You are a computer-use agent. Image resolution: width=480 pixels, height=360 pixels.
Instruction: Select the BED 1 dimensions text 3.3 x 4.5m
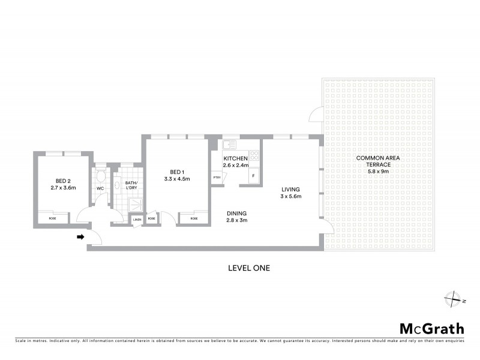[x=176, y=178]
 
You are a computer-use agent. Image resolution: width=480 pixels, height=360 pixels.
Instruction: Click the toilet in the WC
[x=101, y=176]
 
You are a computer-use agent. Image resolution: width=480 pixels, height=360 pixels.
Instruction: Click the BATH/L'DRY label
[x=131, y=185]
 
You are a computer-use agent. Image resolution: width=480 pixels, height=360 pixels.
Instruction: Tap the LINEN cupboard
[x=137, y=220]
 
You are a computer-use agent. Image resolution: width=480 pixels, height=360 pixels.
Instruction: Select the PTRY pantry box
[x=215, y=178]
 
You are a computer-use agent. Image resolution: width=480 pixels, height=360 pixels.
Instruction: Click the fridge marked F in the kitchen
[x=254, y=176]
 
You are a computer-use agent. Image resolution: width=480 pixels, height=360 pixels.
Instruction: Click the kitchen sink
[x=229, y=145]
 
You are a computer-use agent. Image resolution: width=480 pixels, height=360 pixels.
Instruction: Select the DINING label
[x=236, y=213]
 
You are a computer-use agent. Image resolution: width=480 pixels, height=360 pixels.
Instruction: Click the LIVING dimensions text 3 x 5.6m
[x=291, y=196]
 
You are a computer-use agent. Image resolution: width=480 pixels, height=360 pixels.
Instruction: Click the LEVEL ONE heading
[x=248, y=268]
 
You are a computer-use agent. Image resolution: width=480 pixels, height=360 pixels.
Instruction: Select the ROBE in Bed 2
[x=53, y=219]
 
